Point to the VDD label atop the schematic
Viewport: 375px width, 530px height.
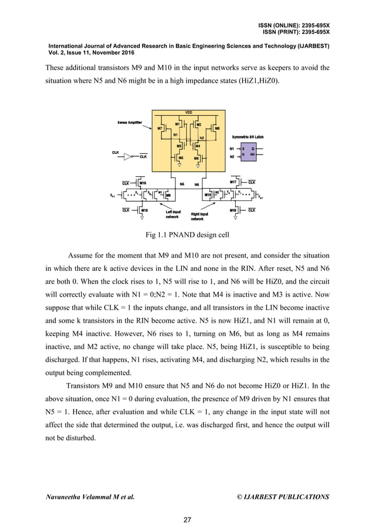pyautogui.click(x=188, y=112)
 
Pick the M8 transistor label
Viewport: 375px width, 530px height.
pyautogui.click(x=217, y=127)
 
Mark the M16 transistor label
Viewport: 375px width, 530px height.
pyautogui.click(x=143, y=183)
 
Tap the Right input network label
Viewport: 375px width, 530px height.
pyautogui.click(x=200, y=216)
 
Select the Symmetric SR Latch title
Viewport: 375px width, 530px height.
pyautogui.click(x=247, y=136)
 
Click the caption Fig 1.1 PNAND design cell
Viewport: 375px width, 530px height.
pyautogui.click(x=187, y=236)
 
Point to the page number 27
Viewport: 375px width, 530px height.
pyautogui.click(x=187, y=519)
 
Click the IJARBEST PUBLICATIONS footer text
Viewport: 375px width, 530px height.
pyautogui.click(x=283, y=497)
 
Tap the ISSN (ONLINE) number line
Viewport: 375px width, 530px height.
pyautogui.click(x=293, y=26)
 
